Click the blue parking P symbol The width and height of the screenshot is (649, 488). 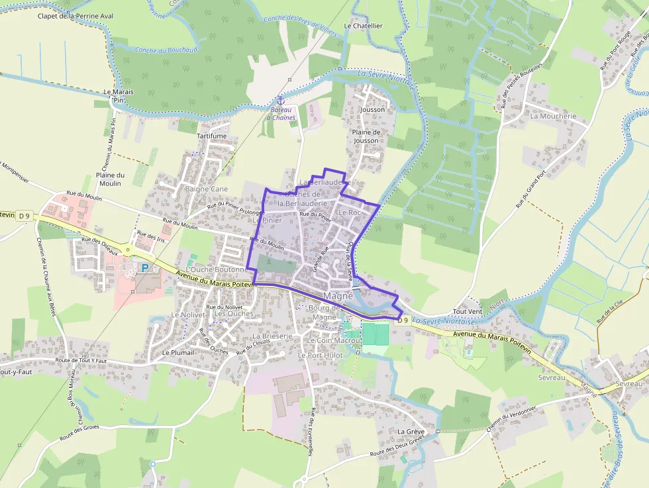(x=144, y=268)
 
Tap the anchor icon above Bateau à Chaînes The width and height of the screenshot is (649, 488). (x=280, y=100)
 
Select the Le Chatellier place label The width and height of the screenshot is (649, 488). (x=363, y=26)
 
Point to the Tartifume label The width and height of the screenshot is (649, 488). (x=211, y=136)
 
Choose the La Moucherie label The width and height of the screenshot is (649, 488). (x=553, y=116)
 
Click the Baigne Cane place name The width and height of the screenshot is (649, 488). (x=207, y=189)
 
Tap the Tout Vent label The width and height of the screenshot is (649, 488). (x=468, y=311)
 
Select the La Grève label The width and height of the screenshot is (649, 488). (x=410, y=431)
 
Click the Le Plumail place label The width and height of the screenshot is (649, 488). (x=178, y=353)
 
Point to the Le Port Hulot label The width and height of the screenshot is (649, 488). (x=320, y=355)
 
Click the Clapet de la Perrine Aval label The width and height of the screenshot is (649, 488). (x=67, y=16)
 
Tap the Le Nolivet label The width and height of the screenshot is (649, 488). (x=188, y=315)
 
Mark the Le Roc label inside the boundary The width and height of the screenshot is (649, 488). (x=349, y=213)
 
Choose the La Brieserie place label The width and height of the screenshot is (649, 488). (x=272, y=336)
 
